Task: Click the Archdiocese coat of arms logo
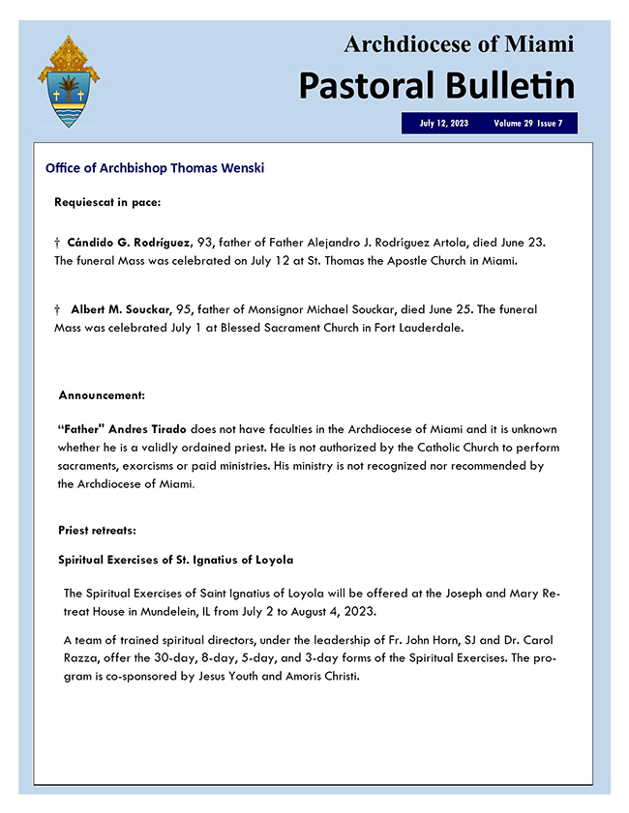(68, 82)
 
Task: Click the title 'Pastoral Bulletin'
(435, 85)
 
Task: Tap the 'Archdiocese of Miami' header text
(459, 44)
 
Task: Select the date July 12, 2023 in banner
(444, 124)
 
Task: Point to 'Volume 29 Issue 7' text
(527, 124)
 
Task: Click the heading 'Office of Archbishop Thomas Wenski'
(155, 168)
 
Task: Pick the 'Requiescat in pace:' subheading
(107, 202)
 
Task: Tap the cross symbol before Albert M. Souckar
(58, 309)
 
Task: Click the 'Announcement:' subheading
(102, 395)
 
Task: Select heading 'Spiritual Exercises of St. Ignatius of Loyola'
(175, 560)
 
